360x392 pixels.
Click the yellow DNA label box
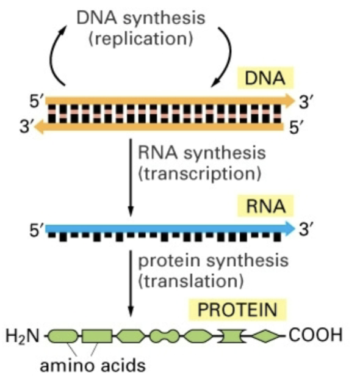click(265, 79)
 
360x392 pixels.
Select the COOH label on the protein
click(315, 335)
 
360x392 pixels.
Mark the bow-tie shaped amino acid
click(231, 335)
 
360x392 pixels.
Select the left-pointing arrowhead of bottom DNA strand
click(40, 126)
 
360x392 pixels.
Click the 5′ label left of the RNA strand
click(37, 230)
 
